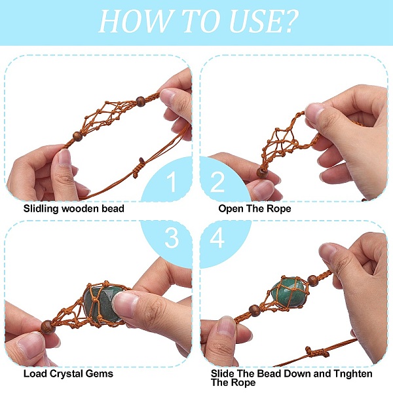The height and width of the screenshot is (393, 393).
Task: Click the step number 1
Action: [172, 181]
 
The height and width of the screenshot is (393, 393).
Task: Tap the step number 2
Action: [217, 181]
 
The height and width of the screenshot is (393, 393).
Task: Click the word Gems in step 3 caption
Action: [99, 374]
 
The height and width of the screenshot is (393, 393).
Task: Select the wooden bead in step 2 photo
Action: [262, 173]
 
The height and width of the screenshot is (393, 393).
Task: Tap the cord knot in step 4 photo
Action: [315, 352]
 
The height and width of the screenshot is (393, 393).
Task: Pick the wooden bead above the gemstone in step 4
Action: [312, 280]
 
